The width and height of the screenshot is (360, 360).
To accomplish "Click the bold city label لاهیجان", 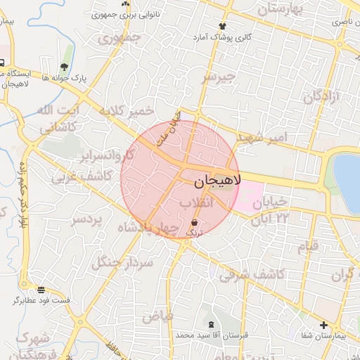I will (x=216, y=181).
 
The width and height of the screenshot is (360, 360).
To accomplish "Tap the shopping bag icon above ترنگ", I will (x=194, y=222).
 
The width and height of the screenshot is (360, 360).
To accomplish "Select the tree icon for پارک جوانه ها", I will (x=65, y=67).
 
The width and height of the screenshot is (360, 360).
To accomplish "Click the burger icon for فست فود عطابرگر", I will (x=41, y=290).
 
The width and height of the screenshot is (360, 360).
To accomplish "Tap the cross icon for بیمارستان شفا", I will (x=323, y=325).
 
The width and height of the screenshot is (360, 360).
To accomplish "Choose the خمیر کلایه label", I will (x=126, y=111).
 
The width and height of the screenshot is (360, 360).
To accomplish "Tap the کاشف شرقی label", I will (x=251, y=274).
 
